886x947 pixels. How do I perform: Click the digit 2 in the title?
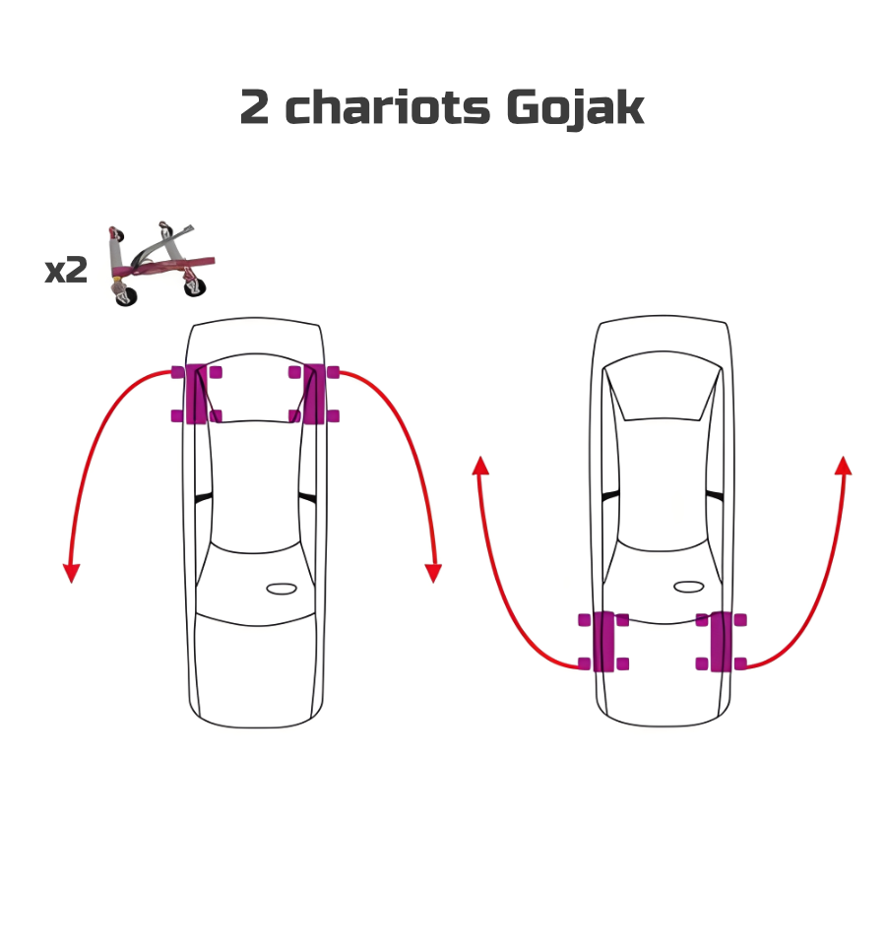coord(254,108)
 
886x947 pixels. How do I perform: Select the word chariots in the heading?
coord(388,108)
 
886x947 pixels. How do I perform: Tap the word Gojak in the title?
coord(575,108)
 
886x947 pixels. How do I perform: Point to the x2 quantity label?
coord(66,271)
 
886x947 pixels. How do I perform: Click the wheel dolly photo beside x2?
coord(158,264)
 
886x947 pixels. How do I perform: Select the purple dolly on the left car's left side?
coord(196,394)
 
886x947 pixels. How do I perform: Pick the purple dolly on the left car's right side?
coord(314,394)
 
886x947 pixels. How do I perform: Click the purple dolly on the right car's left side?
coord(603,642)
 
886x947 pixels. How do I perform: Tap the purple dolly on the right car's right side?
coord(721,642)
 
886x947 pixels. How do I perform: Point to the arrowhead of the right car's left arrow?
coord(480,467)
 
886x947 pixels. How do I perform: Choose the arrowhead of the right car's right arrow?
coord(843,467)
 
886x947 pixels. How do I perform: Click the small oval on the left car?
coord(282,589)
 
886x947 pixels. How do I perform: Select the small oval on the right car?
coord(689,587)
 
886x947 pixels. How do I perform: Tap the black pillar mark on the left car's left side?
coord(204,498)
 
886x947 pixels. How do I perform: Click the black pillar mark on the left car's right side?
coord(307,498)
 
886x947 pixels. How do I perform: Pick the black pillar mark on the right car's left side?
coord(611,495)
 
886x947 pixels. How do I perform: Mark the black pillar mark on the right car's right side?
coord(715,495)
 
